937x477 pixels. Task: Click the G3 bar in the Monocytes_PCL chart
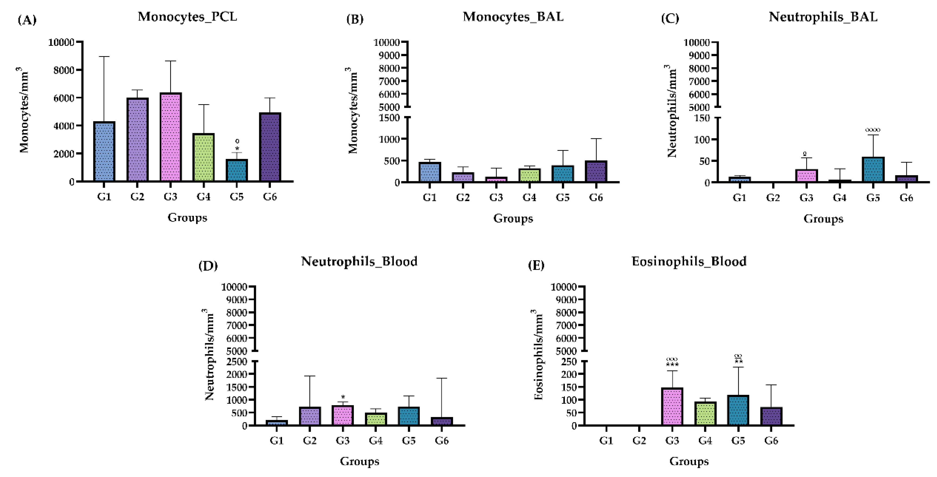coord(170,137)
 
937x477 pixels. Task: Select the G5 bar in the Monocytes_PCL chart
coord(237,170)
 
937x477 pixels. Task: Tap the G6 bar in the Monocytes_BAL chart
coord(596,171)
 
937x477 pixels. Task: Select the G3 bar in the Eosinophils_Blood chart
coord(672,406)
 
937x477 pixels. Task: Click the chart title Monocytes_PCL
coord(187,17)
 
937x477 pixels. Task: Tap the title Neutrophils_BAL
coord(823,17)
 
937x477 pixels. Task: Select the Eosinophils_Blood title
coord(689,261)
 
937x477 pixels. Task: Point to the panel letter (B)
coord(355,19)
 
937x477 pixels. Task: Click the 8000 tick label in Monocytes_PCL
coord(64,70)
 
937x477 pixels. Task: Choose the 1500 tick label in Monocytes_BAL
coord(389,118)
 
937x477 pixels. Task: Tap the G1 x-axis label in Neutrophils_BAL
coord(739,198)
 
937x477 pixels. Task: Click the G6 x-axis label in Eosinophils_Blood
coord(771,441)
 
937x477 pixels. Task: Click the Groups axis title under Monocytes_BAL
coord(513,218)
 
